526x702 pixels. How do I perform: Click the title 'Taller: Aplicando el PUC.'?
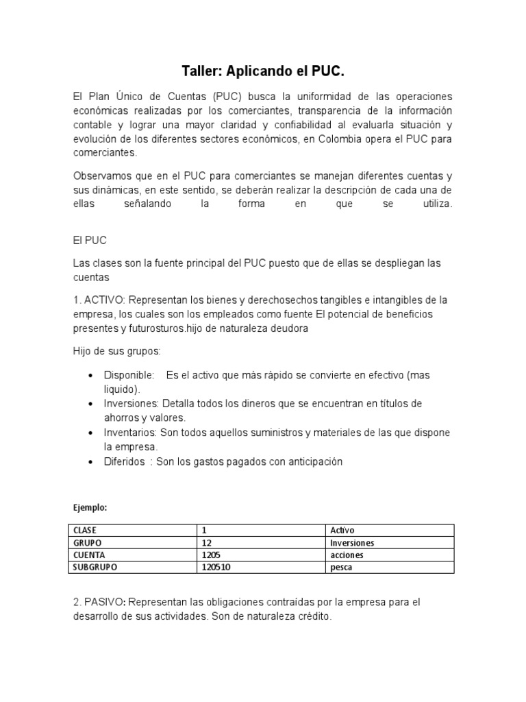[x=263, y=71]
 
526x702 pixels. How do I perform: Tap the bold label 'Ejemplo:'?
[x=90, y=508]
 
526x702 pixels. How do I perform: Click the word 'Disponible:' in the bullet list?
[x=129, y=376]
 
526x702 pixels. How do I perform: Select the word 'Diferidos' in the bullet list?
[x=125, y=461]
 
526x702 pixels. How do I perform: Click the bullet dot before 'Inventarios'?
[x=91, y=433]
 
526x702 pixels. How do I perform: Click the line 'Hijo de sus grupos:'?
[x=116, y=351]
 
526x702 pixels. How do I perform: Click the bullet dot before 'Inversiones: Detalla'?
[x=91, y=404]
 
